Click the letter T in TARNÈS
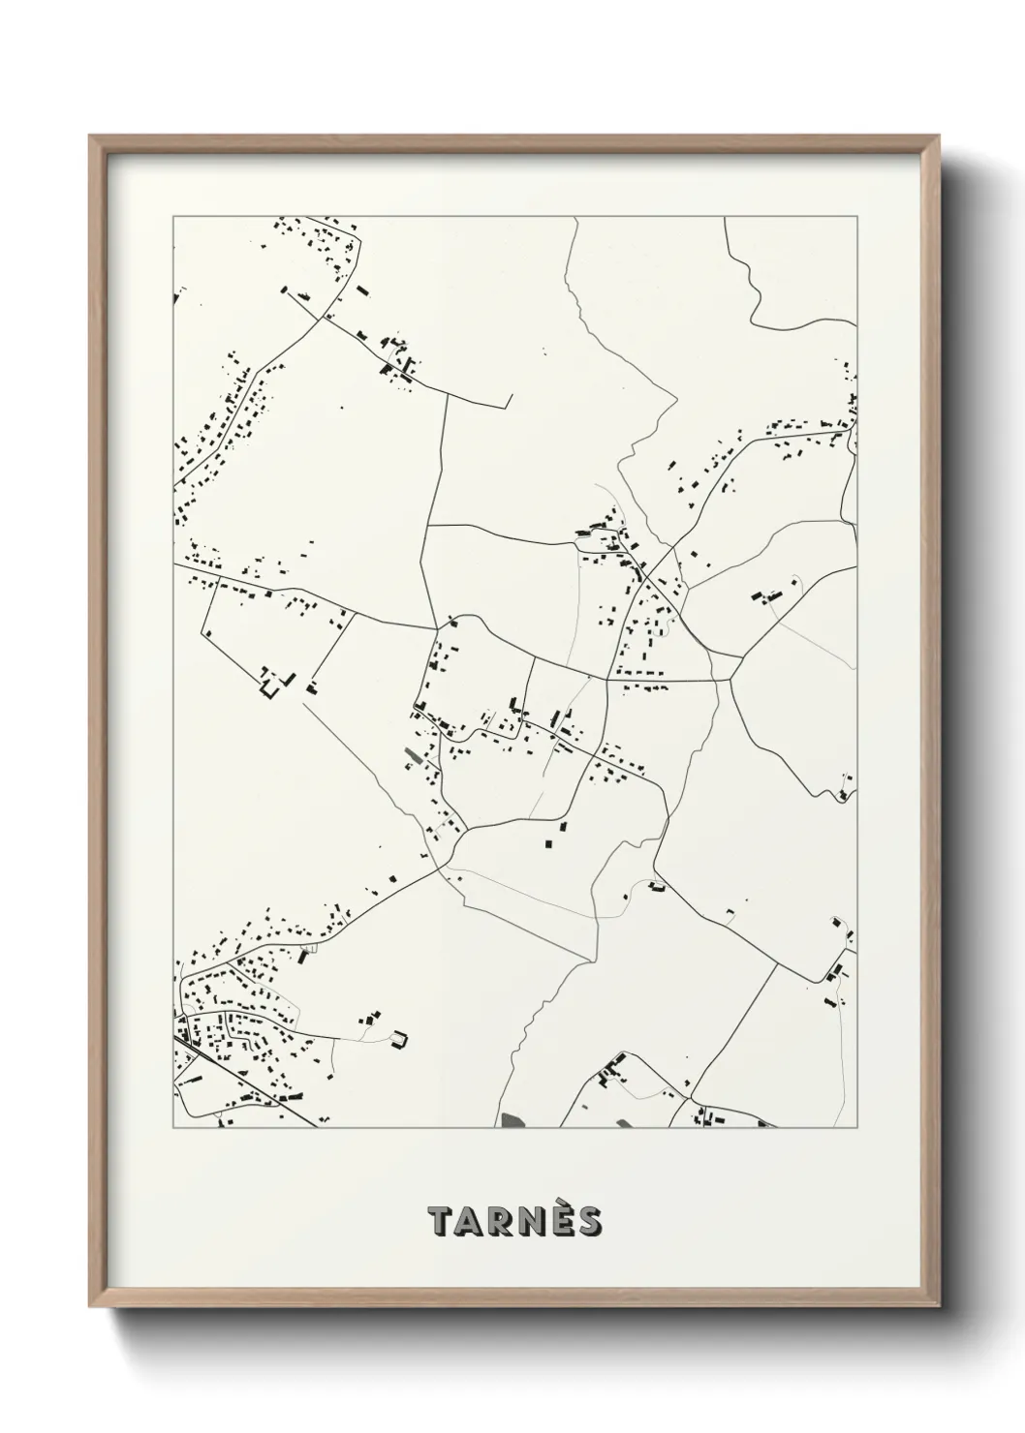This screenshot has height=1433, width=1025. point(443,1222)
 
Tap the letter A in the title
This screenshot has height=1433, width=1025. point(473,1222)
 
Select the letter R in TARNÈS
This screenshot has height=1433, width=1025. point(503,1222)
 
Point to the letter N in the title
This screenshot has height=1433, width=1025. point(534,1222)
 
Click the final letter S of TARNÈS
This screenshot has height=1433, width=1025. point(590,1222)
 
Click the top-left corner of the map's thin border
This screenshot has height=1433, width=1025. point(173,217)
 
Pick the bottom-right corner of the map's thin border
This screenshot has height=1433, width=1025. point(858,1128)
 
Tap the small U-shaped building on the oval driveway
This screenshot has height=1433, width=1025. point(398,1041)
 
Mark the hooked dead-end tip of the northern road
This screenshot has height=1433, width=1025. point(508,399)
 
